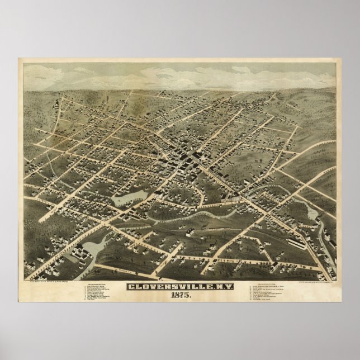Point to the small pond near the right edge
click(x=310, y=212)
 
